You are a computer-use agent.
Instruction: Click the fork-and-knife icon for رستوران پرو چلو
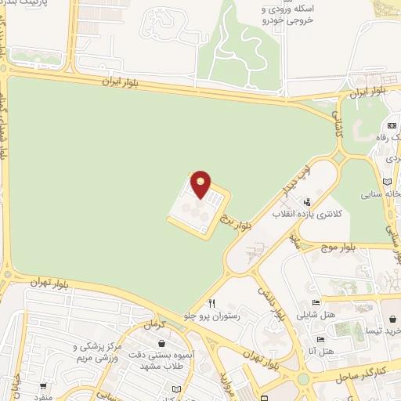click(211, 304)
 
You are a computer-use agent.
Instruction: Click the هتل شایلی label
click(315, 316)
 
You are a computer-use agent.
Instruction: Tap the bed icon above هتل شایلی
click(316, 304)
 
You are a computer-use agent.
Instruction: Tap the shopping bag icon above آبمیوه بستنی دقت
click(161, 343)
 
